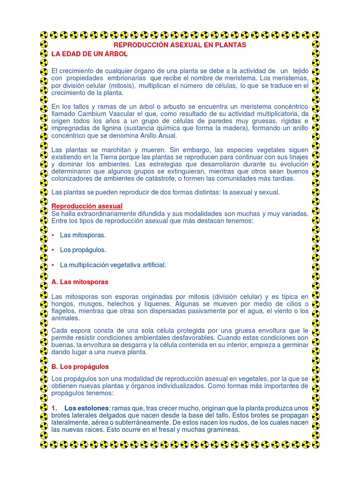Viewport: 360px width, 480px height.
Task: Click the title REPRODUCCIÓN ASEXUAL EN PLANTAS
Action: tap(180, 45)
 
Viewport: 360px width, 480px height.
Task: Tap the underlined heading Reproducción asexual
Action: tap(87, 206)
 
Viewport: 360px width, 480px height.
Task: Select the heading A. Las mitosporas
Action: tap(80, 282)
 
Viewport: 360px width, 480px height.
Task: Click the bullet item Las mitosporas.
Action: tap(83, 235)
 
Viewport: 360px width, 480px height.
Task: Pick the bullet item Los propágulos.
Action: tap(83, 250)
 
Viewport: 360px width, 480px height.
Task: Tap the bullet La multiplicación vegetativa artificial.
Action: tap(113, 265)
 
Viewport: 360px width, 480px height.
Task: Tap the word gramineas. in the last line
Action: tap(224, 429)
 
